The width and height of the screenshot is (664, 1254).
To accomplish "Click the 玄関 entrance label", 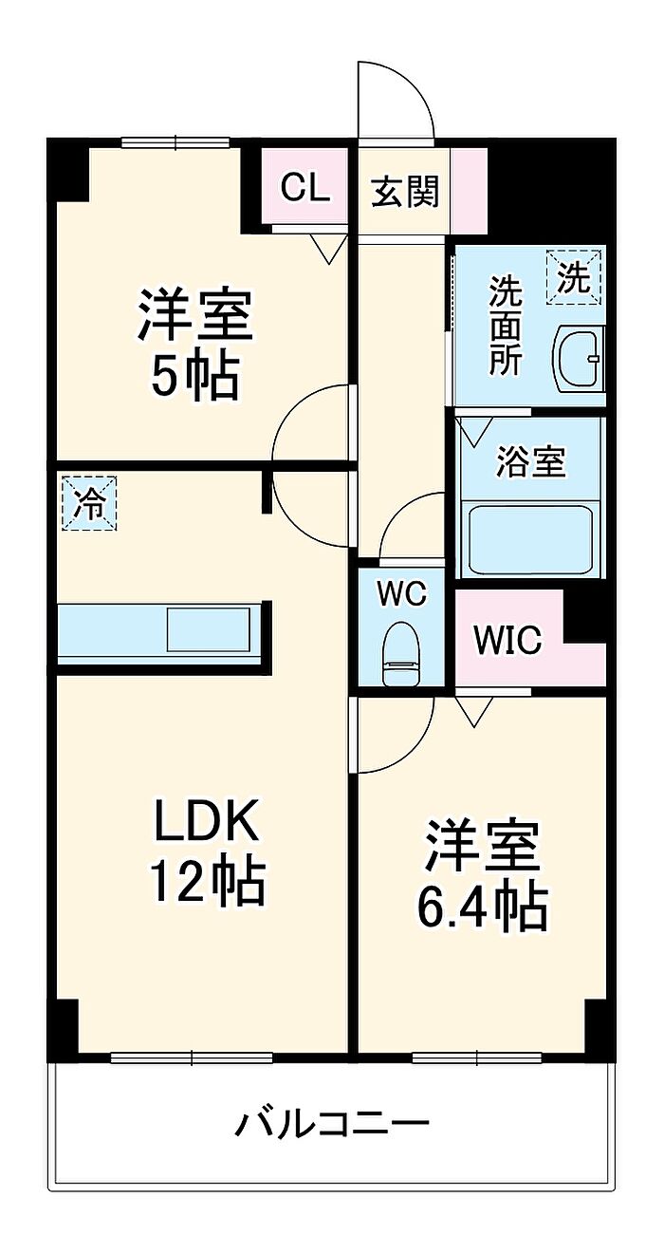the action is [x=406, y=191].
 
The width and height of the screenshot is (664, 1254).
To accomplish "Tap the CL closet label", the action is [x=304, y=188].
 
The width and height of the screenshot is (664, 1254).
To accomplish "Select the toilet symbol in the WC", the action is [x=401, y=653].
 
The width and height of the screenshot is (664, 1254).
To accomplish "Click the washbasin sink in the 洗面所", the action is [x=579, y=357].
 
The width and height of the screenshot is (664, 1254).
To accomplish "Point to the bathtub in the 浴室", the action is [x=530, y=540].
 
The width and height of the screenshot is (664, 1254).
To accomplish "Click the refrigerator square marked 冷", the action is [x=89, y=503].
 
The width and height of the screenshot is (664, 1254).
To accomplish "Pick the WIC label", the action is [x=507, y=639].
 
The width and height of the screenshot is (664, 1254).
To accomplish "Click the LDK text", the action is [x=207, y=820].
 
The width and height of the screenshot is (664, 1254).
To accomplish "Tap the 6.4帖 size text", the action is [x=482, y=908].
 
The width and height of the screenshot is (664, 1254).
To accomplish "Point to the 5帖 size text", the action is [x=194, y=376].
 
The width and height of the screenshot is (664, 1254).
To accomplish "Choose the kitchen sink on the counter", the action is [x=209, y=628].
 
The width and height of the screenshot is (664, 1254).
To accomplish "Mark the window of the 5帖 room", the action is [x=176, y=142].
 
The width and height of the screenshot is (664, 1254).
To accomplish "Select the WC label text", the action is [x=401, y=593].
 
